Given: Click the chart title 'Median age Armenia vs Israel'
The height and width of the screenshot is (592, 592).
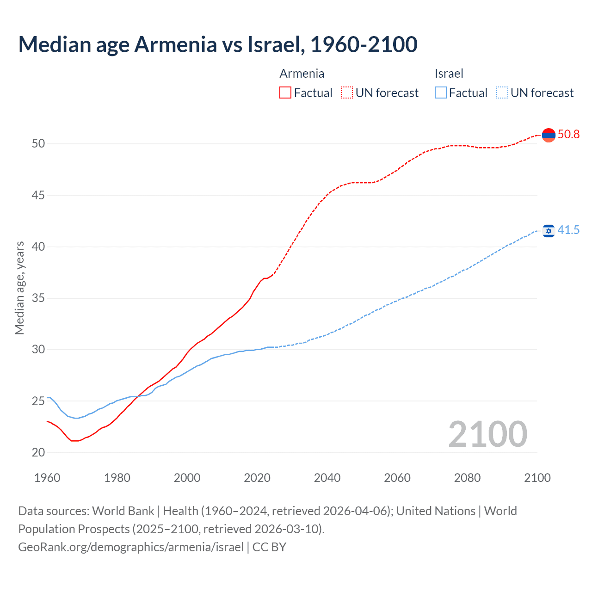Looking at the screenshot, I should tap(217, 44).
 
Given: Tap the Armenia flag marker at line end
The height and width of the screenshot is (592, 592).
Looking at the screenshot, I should tap(549, 135).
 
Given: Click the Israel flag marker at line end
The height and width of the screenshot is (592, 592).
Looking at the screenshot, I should tap(549, 230).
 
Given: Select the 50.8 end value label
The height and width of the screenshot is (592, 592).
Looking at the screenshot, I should tap(568, 135).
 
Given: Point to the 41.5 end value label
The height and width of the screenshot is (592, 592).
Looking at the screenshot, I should tap(568, 230).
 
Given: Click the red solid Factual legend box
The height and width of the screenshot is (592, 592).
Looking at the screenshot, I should tap(285, 93).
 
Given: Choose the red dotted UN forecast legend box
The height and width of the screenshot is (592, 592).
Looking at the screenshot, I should tap(347, 93).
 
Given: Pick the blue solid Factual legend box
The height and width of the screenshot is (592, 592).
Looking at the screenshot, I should tap(441, 93).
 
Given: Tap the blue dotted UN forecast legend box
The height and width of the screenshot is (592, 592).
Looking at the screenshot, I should tap(502, 93).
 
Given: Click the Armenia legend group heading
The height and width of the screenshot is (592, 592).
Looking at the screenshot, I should tap(302, 74).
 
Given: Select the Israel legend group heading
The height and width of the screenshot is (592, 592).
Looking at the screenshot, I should tap(449, 74).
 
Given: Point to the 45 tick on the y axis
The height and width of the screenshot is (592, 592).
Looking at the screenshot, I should tap(38, 195).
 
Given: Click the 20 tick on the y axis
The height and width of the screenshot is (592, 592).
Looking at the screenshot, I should tap(38, 452).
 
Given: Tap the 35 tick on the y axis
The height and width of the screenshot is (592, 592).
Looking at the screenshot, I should tap(38, 298).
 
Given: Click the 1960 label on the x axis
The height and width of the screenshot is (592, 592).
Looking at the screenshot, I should tap(47, 478).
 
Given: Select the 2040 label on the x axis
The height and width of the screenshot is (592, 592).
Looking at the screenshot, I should tap(327, 478).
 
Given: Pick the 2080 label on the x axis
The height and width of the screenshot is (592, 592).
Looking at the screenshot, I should tap(467, 478).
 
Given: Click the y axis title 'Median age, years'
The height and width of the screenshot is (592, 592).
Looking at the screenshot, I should tap(19, 288).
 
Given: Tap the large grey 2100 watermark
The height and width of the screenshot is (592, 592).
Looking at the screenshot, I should tap(487, 434).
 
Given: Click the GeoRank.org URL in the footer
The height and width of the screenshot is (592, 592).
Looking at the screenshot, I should tap(131, 547).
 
